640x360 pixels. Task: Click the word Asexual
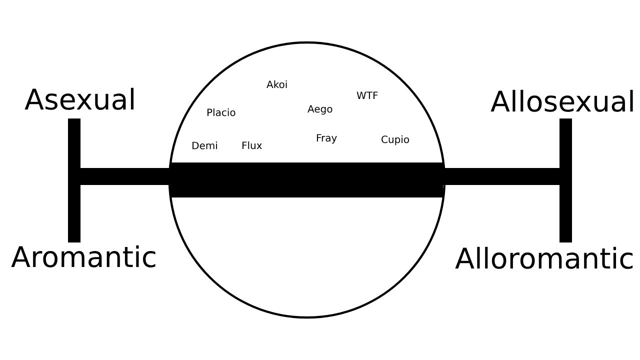point(80,100)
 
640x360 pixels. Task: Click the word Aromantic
point(84,258)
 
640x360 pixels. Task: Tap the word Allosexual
point(562,102)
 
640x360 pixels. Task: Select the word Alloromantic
point(544,259)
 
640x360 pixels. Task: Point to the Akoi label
point(277,85)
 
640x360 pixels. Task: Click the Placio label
point(221,113)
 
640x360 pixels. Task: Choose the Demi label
point(204,146)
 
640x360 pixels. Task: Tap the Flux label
point(251,146)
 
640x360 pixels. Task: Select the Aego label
point(320,109)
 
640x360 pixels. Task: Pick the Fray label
point(326,138)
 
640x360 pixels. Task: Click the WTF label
point(367,95)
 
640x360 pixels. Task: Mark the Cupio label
point(395,140)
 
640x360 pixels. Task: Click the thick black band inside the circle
point(307,180)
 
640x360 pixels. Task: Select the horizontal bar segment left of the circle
point(125,176)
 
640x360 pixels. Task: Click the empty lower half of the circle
point(307,255)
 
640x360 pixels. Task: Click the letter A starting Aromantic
point(20,258)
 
